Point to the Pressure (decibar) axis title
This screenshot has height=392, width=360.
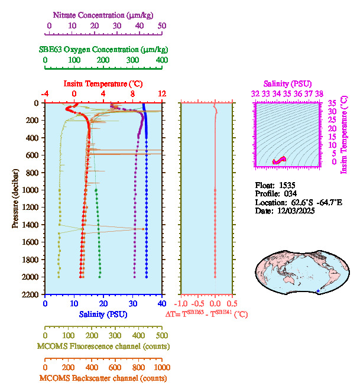[x=15, y=199]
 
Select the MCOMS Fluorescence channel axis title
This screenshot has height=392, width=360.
[x=103, y=346]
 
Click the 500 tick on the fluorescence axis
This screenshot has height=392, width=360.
[x=161, y=335]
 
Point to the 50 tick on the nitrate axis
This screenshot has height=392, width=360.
[x=161, y=25]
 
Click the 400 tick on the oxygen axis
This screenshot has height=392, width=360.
[x=161, y=60]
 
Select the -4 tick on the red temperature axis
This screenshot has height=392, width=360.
[x=45, y=93]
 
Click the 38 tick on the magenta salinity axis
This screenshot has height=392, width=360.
[x=319, y=93]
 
